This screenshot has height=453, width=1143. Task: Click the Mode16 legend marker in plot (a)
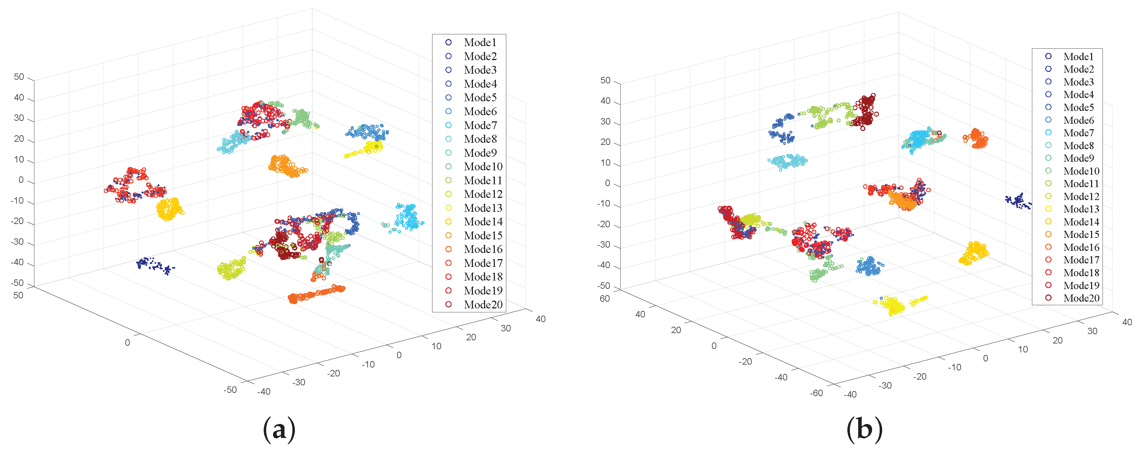[x=449, y=249]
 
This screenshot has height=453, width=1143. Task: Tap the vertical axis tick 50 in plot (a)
[x=19, y=77]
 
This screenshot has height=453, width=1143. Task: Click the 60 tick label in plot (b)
[x=605, y=299]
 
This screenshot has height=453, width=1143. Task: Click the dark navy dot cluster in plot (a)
[x=154, y=265]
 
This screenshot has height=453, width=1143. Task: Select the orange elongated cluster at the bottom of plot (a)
[x=315, y=294]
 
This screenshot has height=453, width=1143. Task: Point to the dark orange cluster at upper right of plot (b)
[x=976, y=139]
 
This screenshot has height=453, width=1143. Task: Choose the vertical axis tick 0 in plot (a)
[x=21, y=180]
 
